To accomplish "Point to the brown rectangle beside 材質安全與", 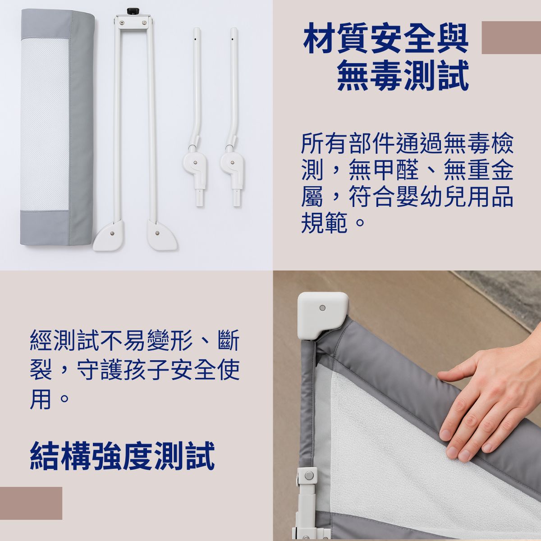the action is point(511,37).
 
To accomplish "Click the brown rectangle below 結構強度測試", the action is point(31,503).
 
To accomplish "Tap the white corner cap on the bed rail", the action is point(323,315).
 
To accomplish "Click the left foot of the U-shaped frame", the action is point(108,235).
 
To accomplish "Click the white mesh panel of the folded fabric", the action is point(45,124).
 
